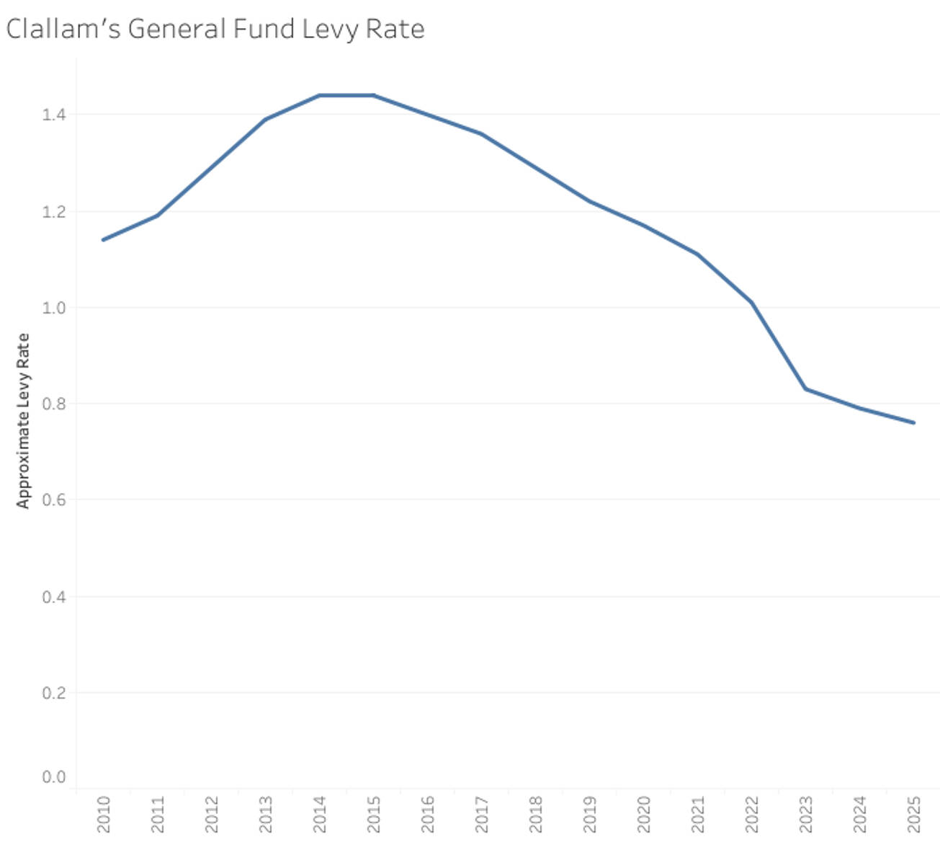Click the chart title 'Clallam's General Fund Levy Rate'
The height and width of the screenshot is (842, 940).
pos(215,29)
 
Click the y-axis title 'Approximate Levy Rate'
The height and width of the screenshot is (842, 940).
pos(23,420)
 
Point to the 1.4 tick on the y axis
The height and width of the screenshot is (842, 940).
pos(54,114)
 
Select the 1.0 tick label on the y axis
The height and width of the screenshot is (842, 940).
pos(54,308)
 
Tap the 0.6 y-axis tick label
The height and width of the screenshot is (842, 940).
pos(54,500)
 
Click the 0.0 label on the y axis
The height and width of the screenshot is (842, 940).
pos(54,777)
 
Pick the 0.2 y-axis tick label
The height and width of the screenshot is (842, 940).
pos(54,693)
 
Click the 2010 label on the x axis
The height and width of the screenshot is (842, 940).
pos(104,814)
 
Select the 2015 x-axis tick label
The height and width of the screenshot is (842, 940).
pos(374,814)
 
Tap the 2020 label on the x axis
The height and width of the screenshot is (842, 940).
pos(644,814)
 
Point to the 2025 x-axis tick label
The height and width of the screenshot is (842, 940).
pos(914,814)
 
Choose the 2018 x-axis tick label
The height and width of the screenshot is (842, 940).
pos(536,814)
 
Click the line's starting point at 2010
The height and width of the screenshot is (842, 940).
pos(104,239)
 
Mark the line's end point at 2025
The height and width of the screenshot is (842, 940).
pos(914,422)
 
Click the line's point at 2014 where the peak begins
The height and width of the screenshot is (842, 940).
pos(320,95)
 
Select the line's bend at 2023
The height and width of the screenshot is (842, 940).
pos(806,389)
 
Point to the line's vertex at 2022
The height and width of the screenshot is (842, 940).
pos(752,303)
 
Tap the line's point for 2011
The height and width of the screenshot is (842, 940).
pos(158,216)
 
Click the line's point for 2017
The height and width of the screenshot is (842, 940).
pos(482,134)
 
